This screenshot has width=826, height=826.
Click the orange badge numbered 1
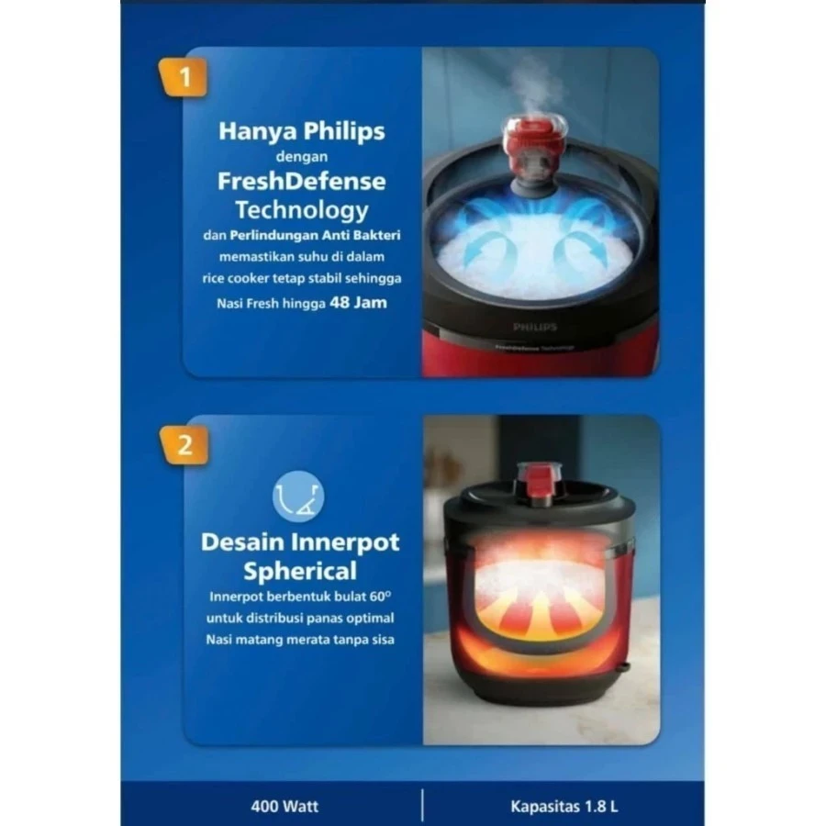(183, 77)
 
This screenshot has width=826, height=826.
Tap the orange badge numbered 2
(184, 445)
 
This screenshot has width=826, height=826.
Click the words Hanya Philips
(301, 131)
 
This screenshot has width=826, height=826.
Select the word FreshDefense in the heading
(301, 181)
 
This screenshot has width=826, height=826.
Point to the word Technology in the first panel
(301, 210)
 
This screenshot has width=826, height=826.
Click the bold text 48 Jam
(358, 302)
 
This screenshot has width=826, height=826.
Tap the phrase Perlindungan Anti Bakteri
(315, 235)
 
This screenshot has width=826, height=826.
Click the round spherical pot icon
(298, 497)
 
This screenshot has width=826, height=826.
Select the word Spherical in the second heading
(300, 571)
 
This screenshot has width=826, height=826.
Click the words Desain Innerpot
(300, 542)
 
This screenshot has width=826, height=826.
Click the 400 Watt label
(285, 806)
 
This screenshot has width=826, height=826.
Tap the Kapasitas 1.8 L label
(564, 806)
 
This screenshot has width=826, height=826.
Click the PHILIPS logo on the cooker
(535, 327)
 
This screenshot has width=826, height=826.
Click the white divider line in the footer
(422, 804)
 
